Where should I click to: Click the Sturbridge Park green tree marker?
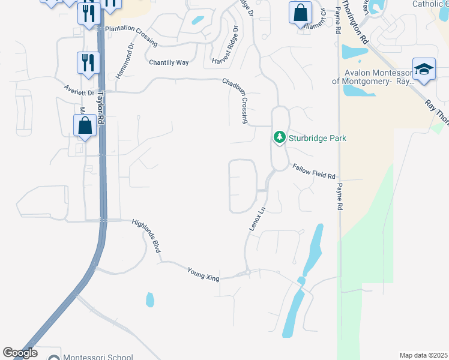[x=279, y=137]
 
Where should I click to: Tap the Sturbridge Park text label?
[x=318, y=138]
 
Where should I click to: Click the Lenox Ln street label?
[x=257, y=220]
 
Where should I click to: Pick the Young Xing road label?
[x=203, y=274]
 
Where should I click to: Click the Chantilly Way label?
[x=169, y=62]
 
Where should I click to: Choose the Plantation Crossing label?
[x=131, y=36]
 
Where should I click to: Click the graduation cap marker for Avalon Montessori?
[x=423, y=68]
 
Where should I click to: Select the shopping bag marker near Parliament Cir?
[x=300, y=12]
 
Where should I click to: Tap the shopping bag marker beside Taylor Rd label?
[x=85, y=125]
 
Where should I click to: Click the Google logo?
[x=20, y=353]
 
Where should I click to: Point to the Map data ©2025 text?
[x=423, y=355]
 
